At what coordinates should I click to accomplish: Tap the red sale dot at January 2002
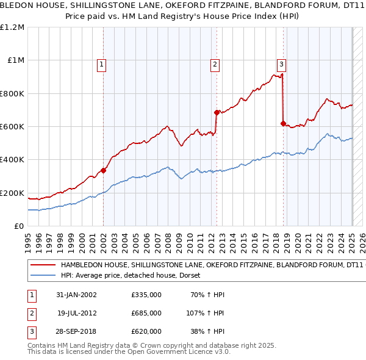pos(104,171)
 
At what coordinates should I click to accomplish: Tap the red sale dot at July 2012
pos(217,112)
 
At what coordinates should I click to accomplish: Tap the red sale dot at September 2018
pos(283,123)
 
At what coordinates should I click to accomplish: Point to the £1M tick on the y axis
pos(16,60)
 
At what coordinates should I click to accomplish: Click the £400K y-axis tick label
pos(13,160)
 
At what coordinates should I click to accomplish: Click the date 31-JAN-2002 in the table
pos(77,295)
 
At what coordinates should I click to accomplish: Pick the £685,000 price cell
pos(146,313)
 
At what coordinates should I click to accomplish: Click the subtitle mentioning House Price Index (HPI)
pos(183,17)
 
